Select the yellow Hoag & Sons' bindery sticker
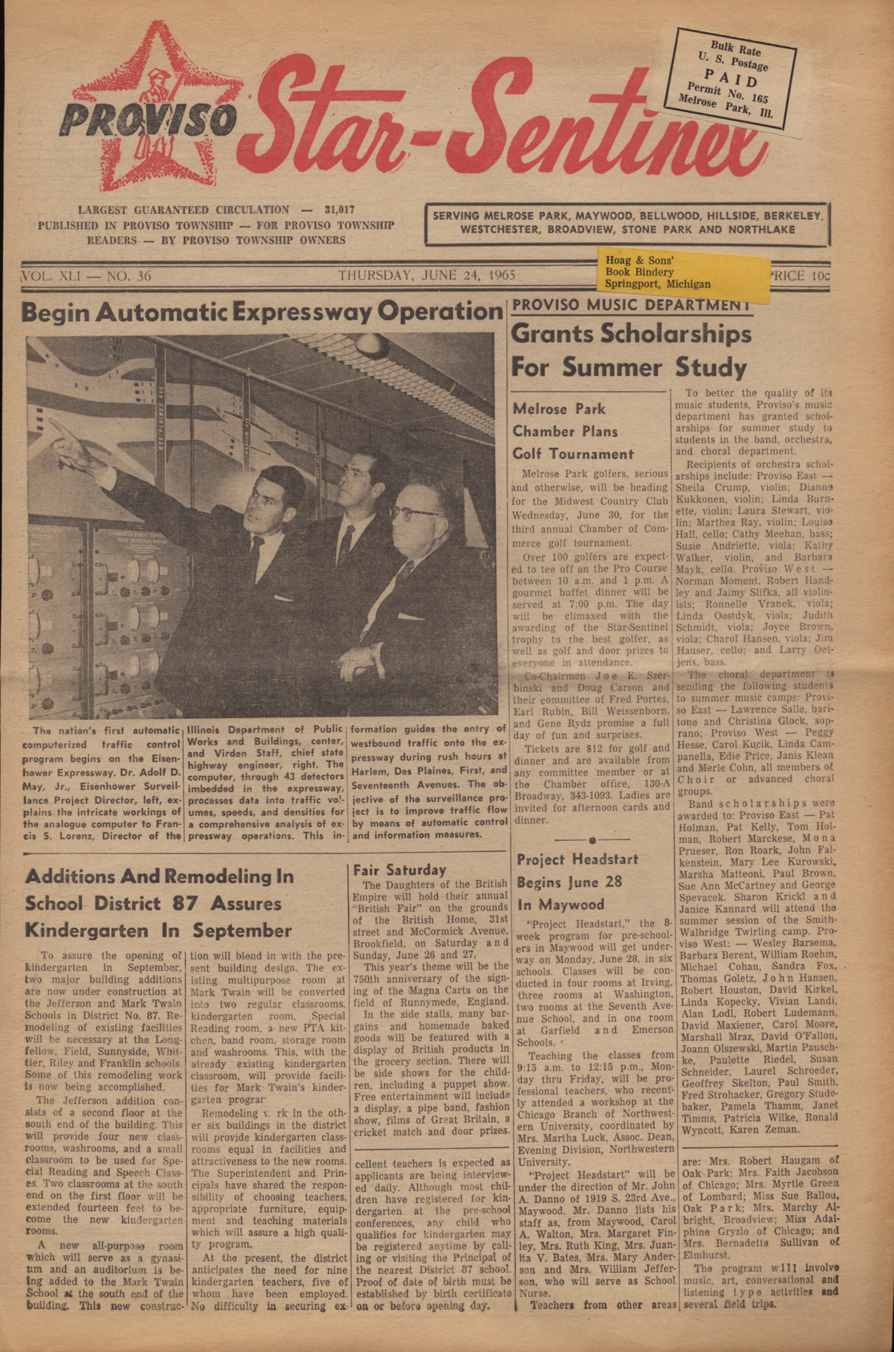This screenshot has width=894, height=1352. coord(681,272)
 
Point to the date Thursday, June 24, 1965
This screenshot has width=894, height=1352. coord(426,275)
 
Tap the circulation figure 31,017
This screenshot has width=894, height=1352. coord(339,209)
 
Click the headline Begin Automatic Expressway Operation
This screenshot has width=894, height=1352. coord(262,312)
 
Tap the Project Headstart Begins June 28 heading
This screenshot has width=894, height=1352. coord(577,882)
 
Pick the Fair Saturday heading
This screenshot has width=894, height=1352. coord(400,870)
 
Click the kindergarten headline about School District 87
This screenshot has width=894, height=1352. coord(159,903)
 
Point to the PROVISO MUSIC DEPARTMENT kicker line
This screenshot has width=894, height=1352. coord(631,304)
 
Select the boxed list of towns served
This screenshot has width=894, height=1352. coord(627,223)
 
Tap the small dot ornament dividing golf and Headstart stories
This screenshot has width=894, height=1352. coord(592,840)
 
